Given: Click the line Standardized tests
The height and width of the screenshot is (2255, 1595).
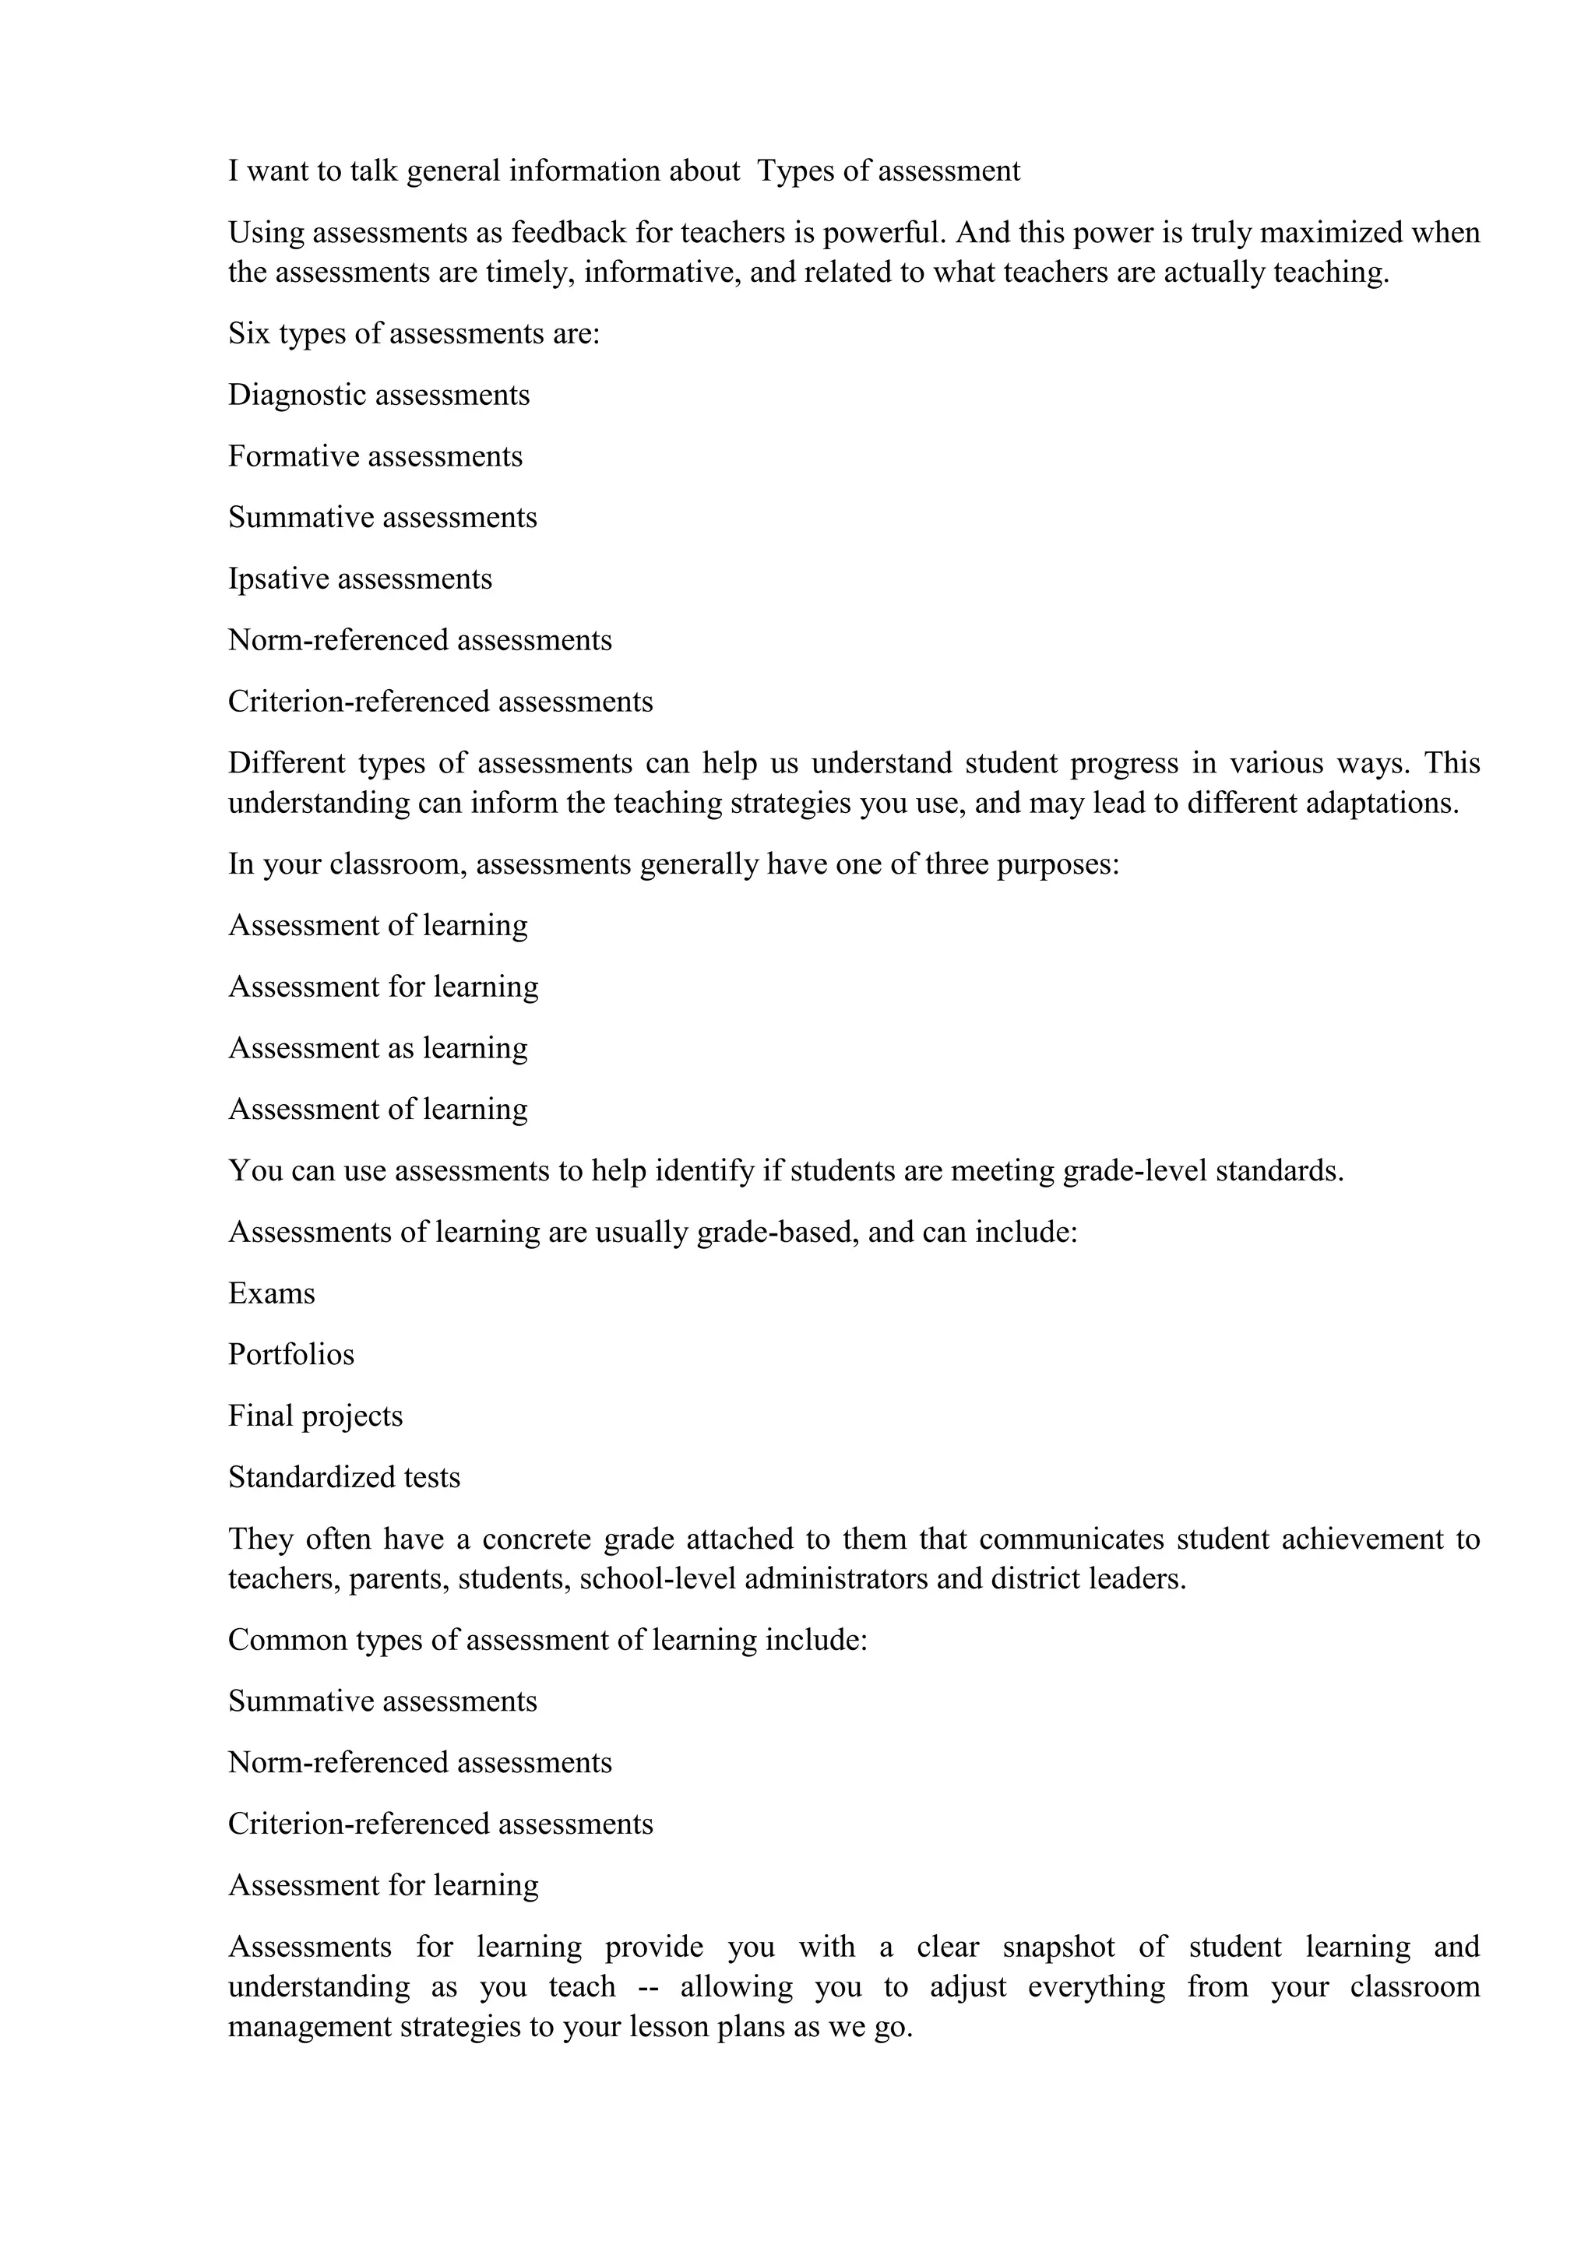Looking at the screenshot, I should (x=343, y=1477).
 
